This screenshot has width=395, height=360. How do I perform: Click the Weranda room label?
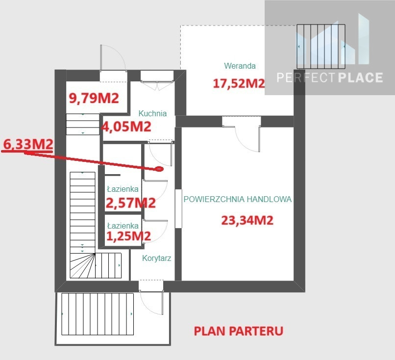coord(240,66)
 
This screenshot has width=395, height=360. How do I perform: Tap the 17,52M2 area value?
coord(239,83)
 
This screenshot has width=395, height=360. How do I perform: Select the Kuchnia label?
coord(152,113)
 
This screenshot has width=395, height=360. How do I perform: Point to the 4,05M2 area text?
coord(126,127)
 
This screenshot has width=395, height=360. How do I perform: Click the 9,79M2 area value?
coord(94,98)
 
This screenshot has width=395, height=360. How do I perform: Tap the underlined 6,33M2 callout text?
coord(28,145)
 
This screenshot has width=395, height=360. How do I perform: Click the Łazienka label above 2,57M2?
coord(123,189)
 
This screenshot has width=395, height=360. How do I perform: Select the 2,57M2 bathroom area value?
coord(130,203)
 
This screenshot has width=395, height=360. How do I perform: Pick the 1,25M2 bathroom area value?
coord(128,236)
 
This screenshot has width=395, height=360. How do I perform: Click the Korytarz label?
coord(156,258)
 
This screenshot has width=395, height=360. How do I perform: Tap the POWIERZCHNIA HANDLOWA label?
coord(237,199)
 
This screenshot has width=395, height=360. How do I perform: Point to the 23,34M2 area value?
coord(247,220)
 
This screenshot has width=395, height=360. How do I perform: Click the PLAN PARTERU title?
coord(238,331)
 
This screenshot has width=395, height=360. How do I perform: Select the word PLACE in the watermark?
coord(360,77)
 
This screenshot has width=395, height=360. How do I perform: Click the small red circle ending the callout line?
coord(159,169)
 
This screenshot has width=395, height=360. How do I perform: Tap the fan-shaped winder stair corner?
coord(83,266)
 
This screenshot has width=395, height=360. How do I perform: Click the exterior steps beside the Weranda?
coord(321,47)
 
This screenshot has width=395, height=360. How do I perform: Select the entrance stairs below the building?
coord(97,314)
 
